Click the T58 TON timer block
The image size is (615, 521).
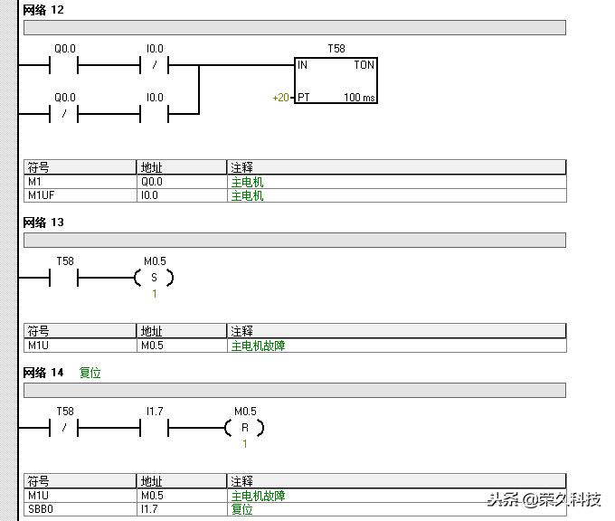click(336, 81)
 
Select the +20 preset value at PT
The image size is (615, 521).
click(281, 98)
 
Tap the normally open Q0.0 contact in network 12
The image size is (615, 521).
click(64, 65)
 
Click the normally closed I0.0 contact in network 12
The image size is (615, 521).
click(154, 65)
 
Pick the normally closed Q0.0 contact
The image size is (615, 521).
click(64, 114)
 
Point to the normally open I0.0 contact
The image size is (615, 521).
click(154, 114)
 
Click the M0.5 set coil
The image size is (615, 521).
click(154, 278)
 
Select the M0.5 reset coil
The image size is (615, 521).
click(245, 428)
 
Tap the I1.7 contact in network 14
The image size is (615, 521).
click(154, 428)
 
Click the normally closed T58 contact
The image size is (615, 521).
click(64, 428)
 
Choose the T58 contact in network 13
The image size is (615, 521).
click(64, 278)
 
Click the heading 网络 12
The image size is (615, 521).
click(43, 10)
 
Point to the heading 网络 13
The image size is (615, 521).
click(43, 223)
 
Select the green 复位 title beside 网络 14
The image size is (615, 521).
click(90, 373)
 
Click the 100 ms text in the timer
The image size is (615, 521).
click(359, 98)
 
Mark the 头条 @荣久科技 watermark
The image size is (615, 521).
click(544, 500)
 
